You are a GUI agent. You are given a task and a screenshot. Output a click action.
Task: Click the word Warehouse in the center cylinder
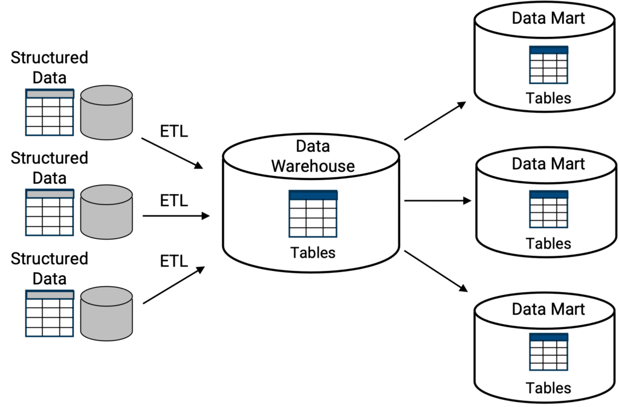[x=313, y=166]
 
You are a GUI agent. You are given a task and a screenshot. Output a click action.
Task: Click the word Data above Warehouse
[x=313, y=146]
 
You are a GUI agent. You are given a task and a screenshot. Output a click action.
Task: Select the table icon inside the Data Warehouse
[x=313, y=213]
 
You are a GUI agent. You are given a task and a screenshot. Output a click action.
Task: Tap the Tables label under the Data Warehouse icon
[x=313, y=253]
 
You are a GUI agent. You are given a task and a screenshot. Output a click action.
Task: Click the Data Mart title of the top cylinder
[x=548, y=18]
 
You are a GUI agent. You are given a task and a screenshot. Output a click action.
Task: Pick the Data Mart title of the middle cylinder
[x=548, y=164]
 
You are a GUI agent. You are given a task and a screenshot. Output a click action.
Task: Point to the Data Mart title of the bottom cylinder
[x=548, y=309]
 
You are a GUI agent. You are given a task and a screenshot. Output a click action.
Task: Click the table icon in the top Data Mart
[x=548, y=64]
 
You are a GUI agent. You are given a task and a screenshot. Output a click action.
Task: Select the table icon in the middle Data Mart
[x=548, y=209]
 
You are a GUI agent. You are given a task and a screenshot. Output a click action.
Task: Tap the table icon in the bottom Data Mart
[x=548, y=352]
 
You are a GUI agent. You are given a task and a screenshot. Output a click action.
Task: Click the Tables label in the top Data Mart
[x=548, y=98]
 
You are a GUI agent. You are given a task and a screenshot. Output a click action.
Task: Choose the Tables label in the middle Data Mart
[x=548, y=244]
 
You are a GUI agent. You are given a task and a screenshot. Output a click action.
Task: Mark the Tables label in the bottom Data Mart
[x=548, y=388]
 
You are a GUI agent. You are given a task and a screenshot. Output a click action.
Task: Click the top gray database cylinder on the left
[x=106, y=112]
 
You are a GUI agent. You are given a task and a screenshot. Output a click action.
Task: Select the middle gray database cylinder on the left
[x=106, y=212]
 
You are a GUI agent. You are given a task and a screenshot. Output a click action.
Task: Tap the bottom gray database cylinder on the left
[x=106, y=313]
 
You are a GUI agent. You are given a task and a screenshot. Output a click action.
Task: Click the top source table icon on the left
[x=50, y=112]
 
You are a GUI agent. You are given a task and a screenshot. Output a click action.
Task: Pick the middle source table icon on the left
[x=50, y=212]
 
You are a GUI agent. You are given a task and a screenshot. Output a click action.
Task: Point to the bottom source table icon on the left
[x=50, y=313]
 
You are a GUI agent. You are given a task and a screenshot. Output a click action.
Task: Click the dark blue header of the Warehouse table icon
[x=313, y=195]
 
